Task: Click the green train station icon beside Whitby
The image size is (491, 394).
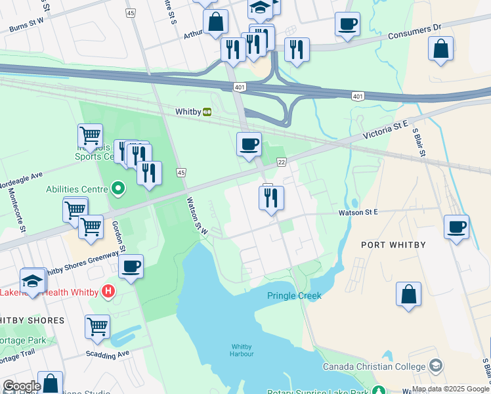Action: coord(207,112)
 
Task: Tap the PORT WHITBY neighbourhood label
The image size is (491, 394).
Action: coord(393,245)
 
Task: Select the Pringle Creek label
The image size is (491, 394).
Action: coord(294,295)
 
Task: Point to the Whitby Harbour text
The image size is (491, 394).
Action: coord(242,350)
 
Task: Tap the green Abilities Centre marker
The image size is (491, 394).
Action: coord(118,189)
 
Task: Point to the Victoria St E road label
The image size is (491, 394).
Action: coord(387,134)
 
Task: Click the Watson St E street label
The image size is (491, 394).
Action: coord(358,212)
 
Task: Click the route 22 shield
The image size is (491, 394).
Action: coord(281,162)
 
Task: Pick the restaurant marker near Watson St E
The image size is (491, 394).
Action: coord(271,197)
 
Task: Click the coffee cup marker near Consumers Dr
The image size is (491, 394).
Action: coord(347,25)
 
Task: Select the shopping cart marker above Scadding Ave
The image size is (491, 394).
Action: coord(97,326)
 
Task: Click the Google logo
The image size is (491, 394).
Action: coord(21,386)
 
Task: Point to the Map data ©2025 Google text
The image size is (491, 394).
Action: coord(450,389)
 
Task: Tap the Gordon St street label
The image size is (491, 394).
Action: coord(119,236)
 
